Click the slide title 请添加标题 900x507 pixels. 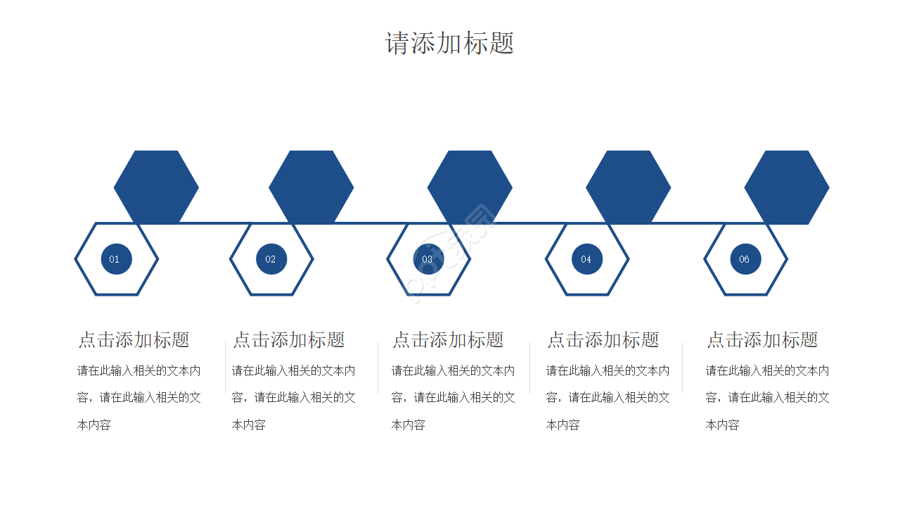tap(450, 44)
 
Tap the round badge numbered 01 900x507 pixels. tap(116, 259)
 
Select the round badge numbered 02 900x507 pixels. tap(271, 259)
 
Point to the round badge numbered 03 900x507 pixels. tap(428, 259)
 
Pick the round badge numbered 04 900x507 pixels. tap(587, 259)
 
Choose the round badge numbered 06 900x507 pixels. tap(745, 259)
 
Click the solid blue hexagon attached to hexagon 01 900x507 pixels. tap(156, 187)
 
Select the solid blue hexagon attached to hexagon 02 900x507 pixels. tap(311, 187)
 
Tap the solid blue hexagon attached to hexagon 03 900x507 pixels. tap(470, 187)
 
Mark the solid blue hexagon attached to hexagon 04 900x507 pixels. tap(628, 187)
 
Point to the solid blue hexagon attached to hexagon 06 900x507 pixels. tap(787, 187)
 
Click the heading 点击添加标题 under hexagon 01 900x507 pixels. tap(134, 340)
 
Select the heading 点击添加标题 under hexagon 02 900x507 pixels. tap(289, 340)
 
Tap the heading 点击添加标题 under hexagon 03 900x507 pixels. tap(448, 340)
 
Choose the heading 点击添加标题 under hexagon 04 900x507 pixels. tap(603, 340)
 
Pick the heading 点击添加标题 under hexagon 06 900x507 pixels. tap(762, 340)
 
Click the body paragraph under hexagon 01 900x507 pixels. tap(139, 397)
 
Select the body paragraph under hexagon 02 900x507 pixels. tap(293, 397)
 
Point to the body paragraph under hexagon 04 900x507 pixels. tap(607, 397)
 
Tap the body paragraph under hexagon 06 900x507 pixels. tap(767, 397)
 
